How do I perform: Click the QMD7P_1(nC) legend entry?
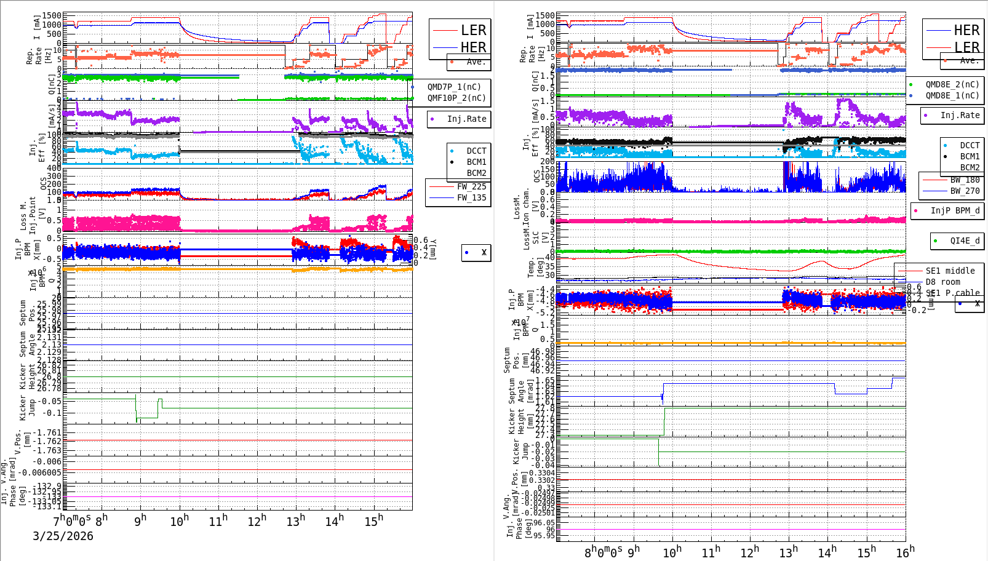click(x=454, y=87)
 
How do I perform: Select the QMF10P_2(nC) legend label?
click(x=456, y=98)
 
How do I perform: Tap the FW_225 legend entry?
click(x=471, y=186)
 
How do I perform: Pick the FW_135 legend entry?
click(x=471, y=197)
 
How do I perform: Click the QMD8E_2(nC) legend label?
click(x=952, y=84)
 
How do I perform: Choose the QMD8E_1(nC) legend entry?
click(x=952, y=95)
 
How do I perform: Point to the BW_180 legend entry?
click(x=965, y=180)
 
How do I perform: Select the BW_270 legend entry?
click(x=965, y=191)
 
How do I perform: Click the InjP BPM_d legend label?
click(x=955, y=210)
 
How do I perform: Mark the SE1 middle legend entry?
click(x=950, y=271)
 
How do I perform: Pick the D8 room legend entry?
click(x=942, y=282)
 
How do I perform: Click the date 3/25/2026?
click(x=63, y=536)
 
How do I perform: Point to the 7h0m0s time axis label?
click(x=72, y=520)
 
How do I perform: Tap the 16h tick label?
click(x=905, y=552)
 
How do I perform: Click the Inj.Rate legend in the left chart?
click(x=466, y=119)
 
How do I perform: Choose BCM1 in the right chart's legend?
click(x=970, y=156)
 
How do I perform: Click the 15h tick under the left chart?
click(x=373, y=521)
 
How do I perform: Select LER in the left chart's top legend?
click(x=473, y=30)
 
